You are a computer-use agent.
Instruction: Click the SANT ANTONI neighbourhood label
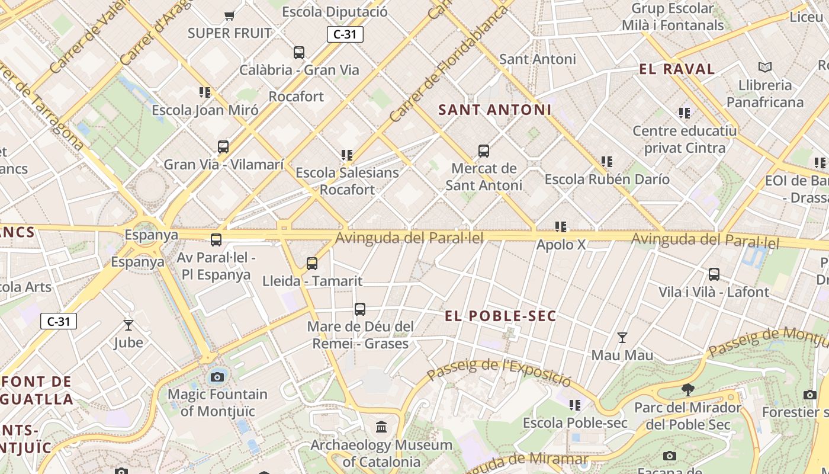[495, 110]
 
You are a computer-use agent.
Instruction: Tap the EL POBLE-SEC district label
[500, 316]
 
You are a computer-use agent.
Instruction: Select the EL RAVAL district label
[677, 69]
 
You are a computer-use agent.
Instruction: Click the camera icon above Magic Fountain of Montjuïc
[217, 377]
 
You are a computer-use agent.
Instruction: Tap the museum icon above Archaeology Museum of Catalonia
[382, 427]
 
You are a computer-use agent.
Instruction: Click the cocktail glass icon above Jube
[128, 325]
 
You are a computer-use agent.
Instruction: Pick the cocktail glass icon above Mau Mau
[622, 338]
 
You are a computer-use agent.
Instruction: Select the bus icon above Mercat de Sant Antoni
[484, 151]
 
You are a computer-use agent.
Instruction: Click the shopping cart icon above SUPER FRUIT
[229, 15]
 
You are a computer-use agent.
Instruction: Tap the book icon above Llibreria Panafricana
[765, 68]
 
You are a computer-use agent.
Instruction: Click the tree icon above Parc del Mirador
[687, 390]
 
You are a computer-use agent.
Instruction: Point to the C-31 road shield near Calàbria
[345, 34]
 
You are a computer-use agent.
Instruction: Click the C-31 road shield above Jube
[59, 322]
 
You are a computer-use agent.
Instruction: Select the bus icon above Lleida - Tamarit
[312, 264]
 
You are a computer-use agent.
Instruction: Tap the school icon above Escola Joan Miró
[205, 92]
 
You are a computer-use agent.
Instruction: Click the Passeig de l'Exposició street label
[499, 371]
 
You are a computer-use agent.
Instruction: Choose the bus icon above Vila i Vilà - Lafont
[714, 274]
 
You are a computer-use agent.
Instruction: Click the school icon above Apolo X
[561, 227]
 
